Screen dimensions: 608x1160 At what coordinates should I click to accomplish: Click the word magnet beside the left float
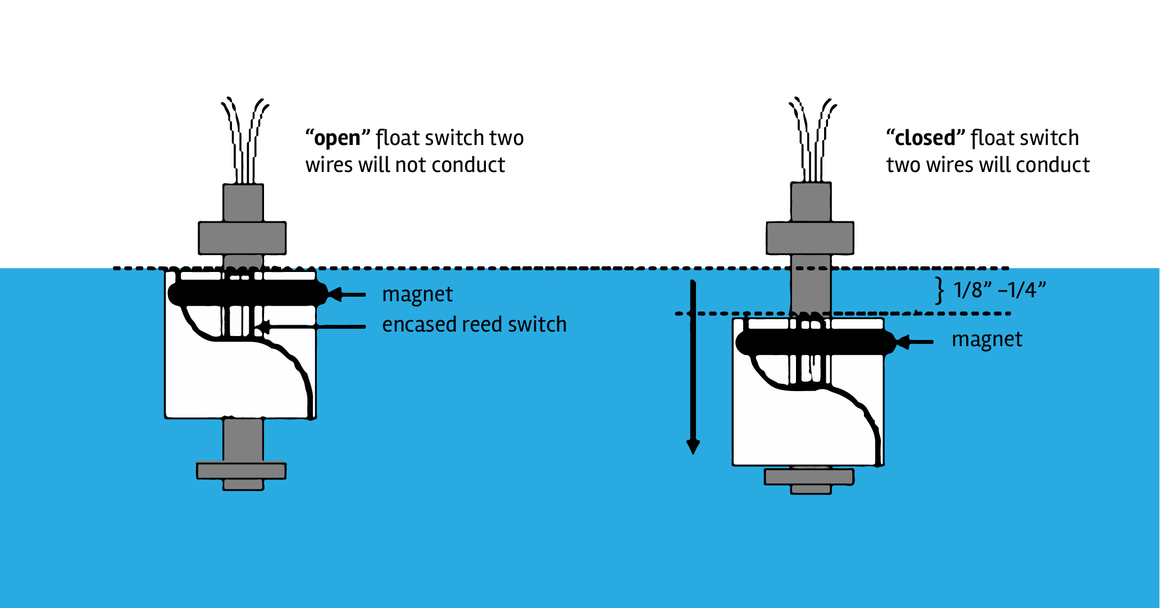click(x=417, y=294)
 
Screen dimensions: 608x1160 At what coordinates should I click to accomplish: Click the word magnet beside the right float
click(x=987, y=340)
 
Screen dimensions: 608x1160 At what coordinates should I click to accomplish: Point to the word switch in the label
click(x=537, y=325)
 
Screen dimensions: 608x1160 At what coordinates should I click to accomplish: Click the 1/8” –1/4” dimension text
click(x=1000, y=291)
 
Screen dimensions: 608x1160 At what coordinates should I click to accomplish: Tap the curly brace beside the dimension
click(x=939, y=291)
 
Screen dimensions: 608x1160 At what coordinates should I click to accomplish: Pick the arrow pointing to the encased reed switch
click(x=315, y=326)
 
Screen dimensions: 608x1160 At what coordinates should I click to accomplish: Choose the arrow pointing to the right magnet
click(x=916, y=342)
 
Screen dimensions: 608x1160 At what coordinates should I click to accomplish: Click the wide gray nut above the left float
click(x=242, y=238)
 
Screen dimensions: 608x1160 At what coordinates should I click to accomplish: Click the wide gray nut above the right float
click(x=810, y=238)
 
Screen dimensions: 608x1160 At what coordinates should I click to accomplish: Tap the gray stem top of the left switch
click(x=243, y=203)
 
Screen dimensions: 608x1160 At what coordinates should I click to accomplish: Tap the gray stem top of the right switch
click(x=811, y=202)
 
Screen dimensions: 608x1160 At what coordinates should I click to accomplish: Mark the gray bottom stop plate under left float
click(x=242, y=471)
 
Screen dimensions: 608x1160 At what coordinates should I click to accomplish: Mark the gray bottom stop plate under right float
click(x=809, y=477)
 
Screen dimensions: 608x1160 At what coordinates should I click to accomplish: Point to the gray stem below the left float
click(x=243, y=440)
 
